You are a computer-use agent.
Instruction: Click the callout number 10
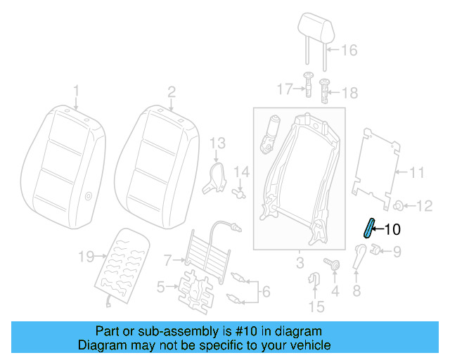click(x=392, y=229)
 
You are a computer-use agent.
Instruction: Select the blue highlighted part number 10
click(x=368, y=229)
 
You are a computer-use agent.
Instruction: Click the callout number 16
click(x=349, y=50)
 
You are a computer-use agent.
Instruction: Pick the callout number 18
click(x=349, y=93)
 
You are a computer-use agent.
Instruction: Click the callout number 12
click(x=425, y=206)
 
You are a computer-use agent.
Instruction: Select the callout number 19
click(x=86, y=257)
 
